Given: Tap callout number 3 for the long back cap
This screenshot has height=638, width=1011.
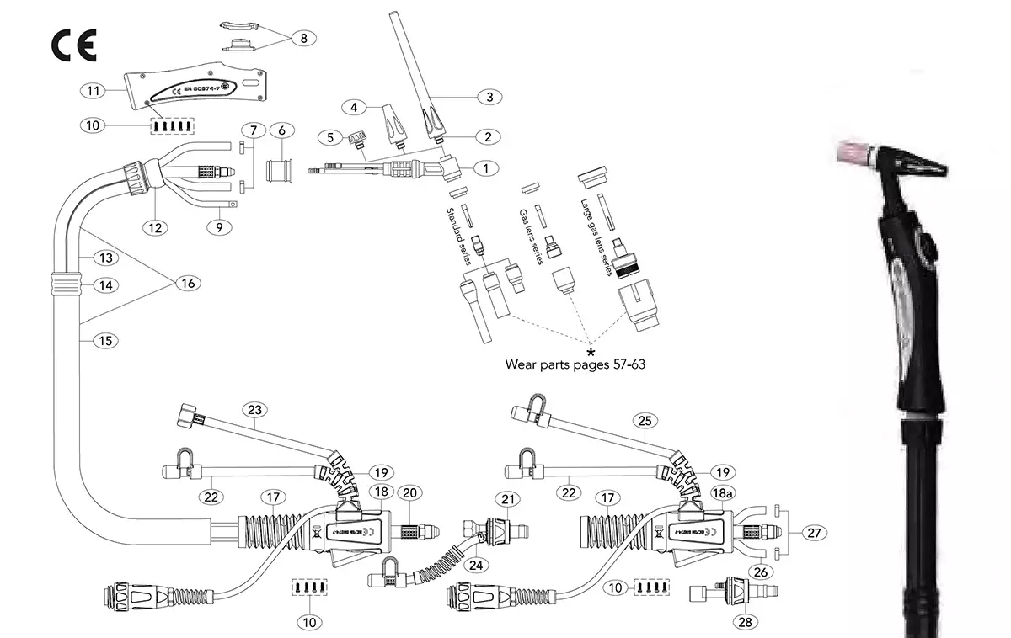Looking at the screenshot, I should pos(488,96).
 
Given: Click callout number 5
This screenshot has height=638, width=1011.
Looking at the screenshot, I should pos(331,136).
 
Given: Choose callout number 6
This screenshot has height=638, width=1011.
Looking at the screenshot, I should pos(281,130).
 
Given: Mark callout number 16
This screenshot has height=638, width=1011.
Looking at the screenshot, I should pos(187,283).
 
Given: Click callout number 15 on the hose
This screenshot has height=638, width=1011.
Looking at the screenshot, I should pos(104,340).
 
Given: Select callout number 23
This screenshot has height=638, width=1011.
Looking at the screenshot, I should pos(254,410).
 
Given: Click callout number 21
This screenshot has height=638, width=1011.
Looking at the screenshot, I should pos(507,500).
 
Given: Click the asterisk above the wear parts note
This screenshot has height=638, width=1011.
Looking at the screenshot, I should pos(591,349).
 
